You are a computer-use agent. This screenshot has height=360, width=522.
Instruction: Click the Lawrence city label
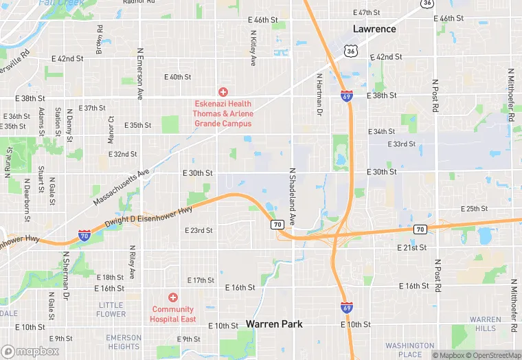[x=374, y=29]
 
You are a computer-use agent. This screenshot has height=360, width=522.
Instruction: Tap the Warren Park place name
[x=274, y=324]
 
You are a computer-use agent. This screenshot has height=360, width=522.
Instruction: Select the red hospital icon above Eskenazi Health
[x=223, y=92]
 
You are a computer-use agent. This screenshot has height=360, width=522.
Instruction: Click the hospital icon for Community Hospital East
[x=173, y=297]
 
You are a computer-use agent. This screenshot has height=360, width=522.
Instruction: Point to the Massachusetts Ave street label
[x=121, y=186]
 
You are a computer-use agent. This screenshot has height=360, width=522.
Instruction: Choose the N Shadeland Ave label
[x=292, y=197]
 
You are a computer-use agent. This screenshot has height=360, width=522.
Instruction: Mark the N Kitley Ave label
[x=253, y=52]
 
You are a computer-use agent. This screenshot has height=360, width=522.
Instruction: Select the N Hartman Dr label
[x=319, y=91]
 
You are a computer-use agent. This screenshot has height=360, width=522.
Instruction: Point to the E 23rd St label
[x=199, y=230]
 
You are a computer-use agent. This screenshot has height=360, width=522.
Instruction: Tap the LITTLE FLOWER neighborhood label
[x=111, y=310]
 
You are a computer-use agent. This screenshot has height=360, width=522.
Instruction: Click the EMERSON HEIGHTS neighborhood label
[x=124, y=342]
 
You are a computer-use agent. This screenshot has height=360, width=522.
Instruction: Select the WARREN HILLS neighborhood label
[x=486, y=324]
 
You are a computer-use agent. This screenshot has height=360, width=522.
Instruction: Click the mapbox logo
[x=30, y=350]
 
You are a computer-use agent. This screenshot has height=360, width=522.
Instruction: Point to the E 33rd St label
[x=402, y=144]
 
